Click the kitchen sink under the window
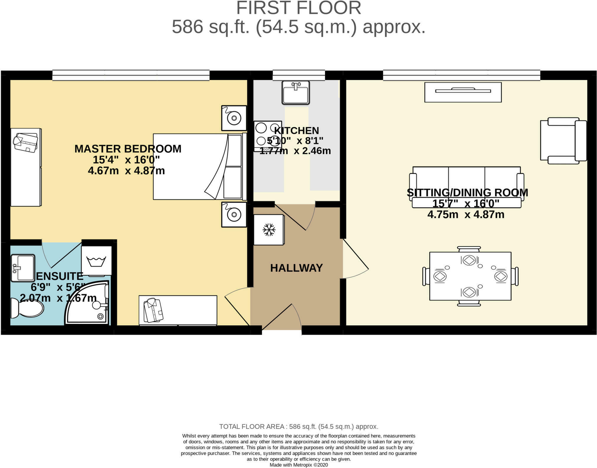pos(296,93)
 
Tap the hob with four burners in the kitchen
pos(268,136)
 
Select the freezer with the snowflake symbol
pos(269,230)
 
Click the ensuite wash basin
pos(23,268)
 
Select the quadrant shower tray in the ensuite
pos(87,302)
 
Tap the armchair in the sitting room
pos(563,140)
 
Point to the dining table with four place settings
pos(470,276)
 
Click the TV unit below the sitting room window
pos(463,92)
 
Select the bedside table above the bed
pos(234,118)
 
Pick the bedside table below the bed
pos(234,215)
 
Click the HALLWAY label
pos(296,268)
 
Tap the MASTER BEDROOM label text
pos(128,149)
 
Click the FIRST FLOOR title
pos(299,8)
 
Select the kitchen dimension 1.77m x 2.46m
pos(295,151)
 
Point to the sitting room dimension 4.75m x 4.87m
pos(466,215)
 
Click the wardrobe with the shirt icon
pos(178,310)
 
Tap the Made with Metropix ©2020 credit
pos(299,465)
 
